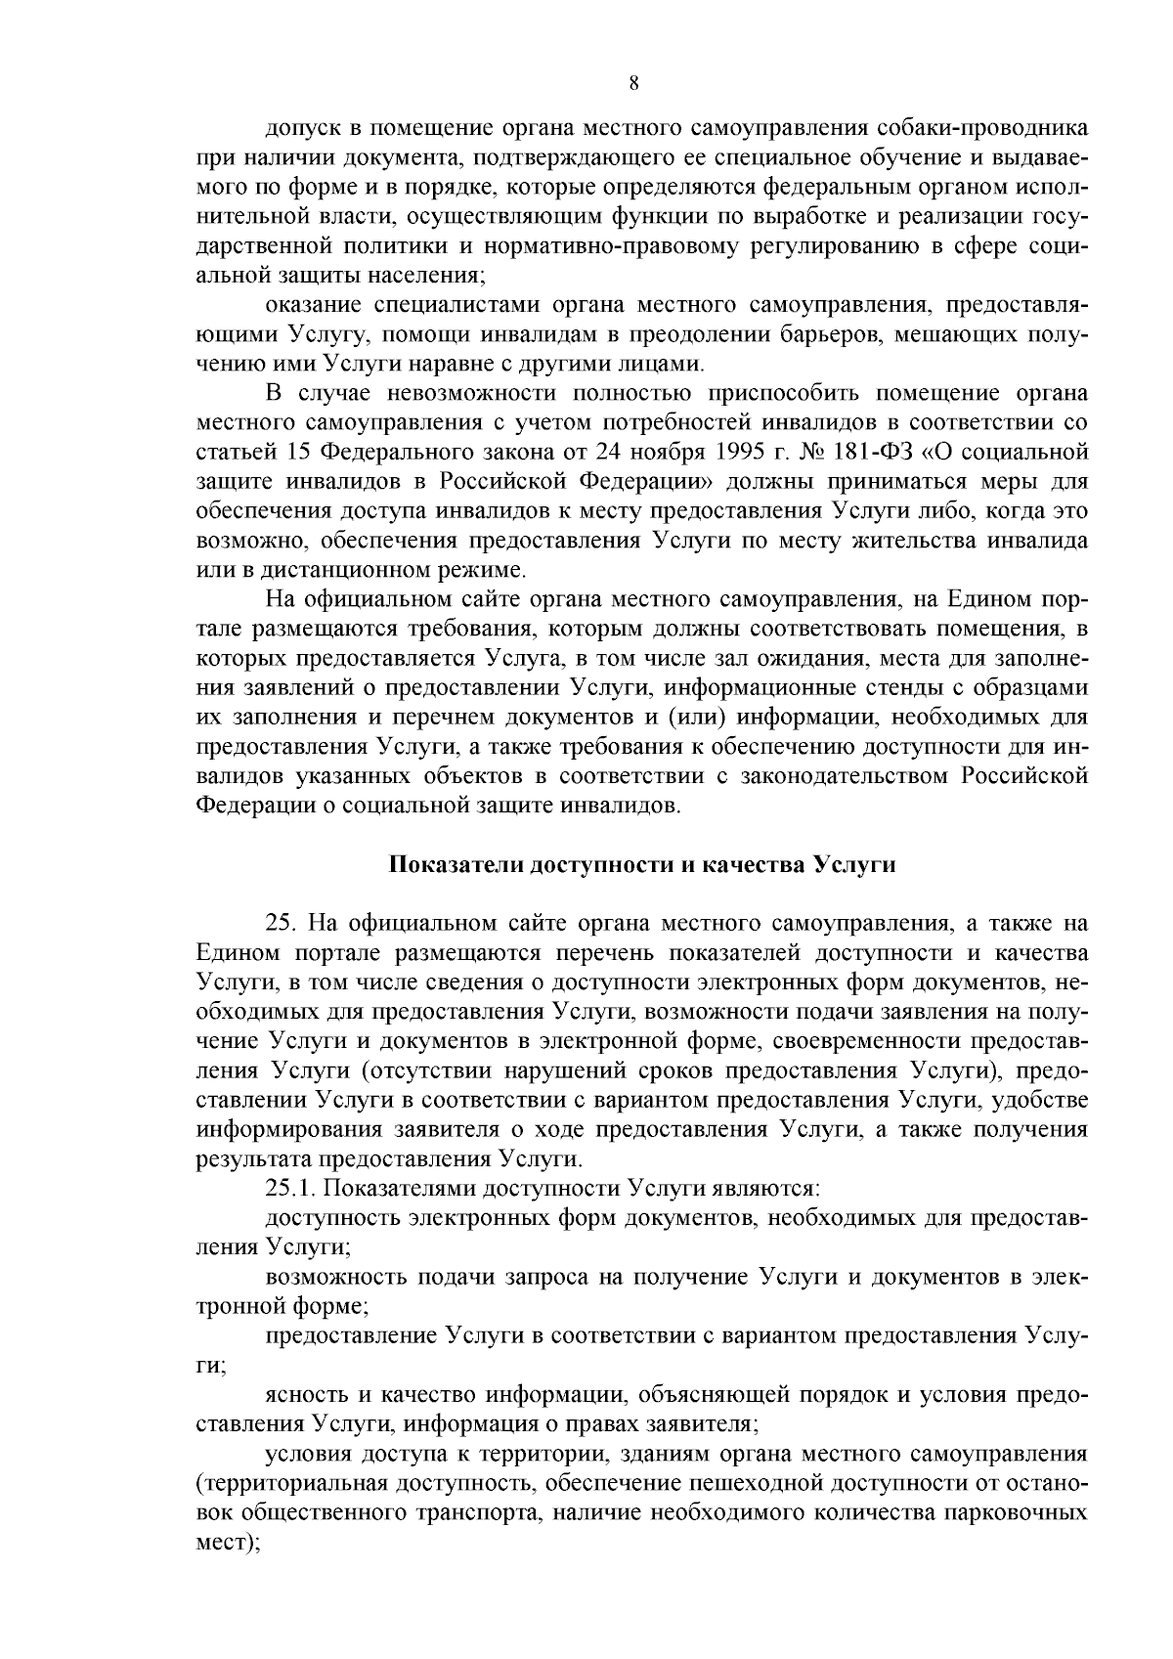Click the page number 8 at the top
633,84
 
